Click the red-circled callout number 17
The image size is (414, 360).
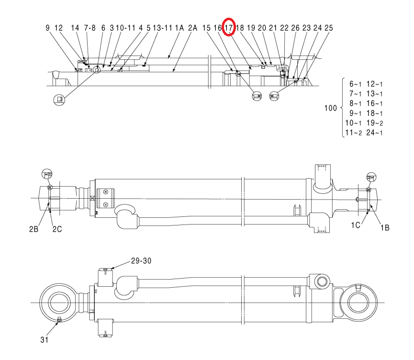(229, 27)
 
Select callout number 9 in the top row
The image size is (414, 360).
(47, 28)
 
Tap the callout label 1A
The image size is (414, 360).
(179, 28)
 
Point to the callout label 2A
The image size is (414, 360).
(193, 28)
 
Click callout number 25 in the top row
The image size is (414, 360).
(329, 28)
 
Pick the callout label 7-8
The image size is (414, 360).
(90, 28)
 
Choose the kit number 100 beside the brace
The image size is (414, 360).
(331, 108)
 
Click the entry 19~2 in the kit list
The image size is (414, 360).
(375, 123)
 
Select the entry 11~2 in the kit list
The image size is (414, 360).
(354, 133)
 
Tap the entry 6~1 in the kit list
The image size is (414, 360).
(356, 84)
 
